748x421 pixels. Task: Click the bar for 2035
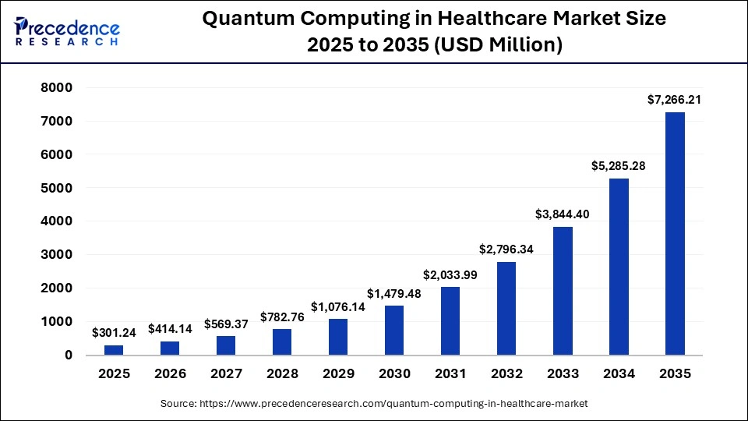675,234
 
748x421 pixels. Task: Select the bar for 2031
450,320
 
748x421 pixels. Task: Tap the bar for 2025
114,349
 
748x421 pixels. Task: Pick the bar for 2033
562,291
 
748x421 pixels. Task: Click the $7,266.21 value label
675,100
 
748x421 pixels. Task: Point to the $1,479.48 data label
394,293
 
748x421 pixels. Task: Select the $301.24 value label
114,333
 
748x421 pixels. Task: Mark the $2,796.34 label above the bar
506,249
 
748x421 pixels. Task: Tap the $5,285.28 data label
618,166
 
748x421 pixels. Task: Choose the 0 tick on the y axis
68,355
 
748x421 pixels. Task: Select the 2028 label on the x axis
282,374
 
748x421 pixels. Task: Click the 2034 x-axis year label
619,374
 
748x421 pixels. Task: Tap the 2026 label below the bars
170,374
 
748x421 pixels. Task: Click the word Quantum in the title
242,19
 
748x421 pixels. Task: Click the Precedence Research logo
67,31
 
